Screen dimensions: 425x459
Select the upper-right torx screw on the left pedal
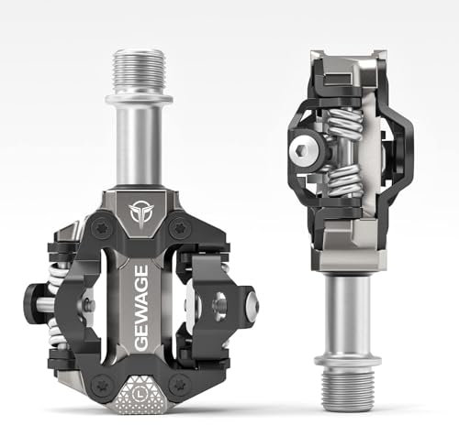click(182, 225)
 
